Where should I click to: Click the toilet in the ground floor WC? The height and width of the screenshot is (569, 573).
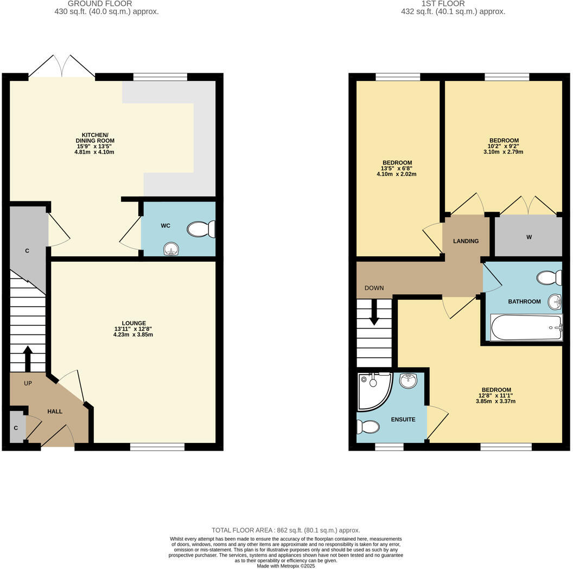(201, 229)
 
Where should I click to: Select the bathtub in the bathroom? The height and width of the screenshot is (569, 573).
(526, 328)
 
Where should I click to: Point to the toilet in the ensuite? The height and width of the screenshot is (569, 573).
(368, 427)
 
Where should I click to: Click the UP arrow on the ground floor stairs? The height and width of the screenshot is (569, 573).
(28, 358)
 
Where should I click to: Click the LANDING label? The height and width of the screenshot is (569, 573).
(466, 241)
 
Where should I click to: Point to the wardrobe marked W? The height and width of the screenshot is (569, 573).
(528, 236)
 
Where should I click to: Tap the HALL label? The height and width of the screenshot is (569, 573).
(55, 412)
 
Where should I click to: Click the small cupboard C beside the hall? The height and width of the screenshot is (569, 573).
(16, 427)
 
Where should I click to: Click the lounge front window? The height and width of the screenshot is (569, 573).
(157, 447)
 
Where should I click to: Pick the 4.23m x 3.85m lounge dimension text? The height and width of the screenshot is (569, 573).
(129, 334)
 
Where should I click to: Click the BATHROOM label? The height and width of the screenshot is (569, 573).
(524, 301)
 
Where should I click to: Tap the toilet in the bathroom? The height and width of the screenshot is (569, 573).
(549, 279)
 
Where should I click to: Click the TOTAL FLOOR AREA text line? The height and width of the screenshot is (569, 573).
(286, 530)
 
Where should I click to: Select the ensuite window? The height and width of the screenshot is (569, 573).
(389, 447)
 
